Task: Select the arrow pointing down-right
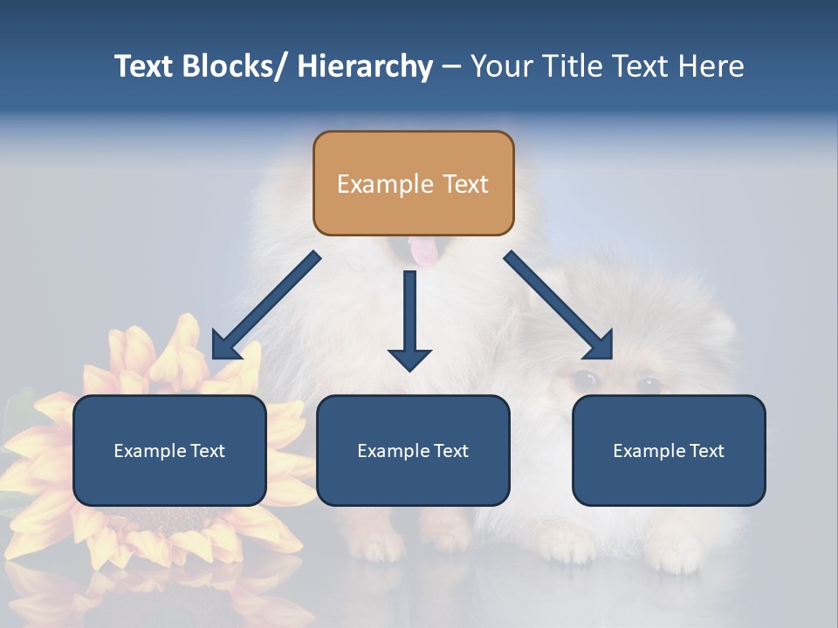pyautogui.click(x=559, y=305)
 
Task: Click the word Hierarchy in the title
pyautogui.click(x=365, y=66)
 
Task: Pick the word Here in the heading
pyautogui.click(x=709, y=66)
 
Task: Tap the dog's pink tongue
pyautogui.click(x=424, y=253)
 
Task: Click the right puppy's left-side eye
pyautogui.click(x=585, y=379)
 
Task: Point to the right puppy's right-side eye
pyautogui.click(x=649, y=384)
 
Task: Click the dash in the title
pyautogui.click(x=451, y=66)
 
